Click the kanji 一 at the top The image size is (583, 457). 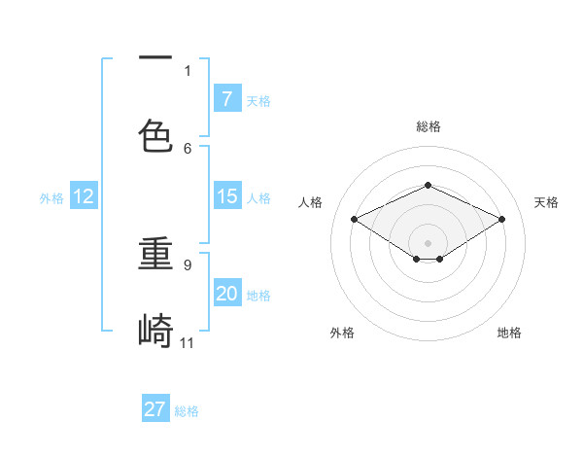tap(155, 59)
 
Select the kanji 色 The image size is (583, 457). tap(155, 135)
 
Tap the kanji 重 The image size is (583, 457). tap(155, 254)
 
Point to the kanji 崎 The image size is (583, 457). tap(155, 331)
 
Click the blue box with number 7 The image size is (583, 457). tap(226, 98)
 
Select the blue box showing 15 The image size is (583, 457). tap(226, 196)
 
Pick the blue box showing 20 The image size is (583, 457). tap(226, 294)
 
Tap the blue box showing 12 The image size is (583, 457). tap(84, 196)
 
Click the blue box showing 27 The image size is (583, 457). tap(155, 409)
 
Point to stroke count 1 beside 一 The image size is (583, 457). tap(188, 70)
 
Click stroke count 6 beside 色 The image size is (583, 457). tap(188, 148)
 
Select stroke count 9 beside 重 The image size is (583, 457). tap(188, 264)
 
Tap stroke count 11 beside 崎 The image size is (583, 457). tap(188, 342)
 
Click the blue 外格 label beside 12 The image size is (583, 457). tap(51, 197)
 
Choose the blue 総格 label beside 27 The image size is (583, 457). tap(187, 411)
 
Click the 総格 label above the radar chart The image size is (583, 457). tap(428, 126)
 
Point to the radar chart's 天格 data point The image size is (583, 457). tap(501, 220)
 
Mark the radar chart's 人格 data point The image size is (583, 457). tap(354, 220)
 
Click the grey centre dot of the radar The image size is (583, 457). tap(428, 242)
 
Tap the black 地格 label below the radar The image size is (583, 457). tap(509, 333)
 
